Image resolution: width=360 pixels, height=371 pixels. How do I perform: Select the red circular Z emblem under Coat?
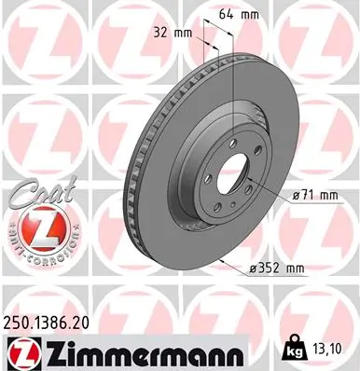(35, 227)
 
